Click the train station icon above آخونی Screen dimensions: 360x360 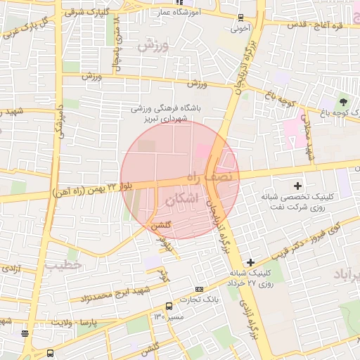pos(241,18)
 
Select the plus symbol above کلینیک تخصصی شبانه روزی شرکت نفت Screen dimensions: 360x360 pos(298,186)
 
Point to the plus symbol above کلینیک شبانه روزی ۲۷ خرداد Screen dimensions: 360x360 pos(250,262)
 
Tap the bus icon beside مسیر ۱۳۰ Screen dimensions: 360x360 pos(169,306)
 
